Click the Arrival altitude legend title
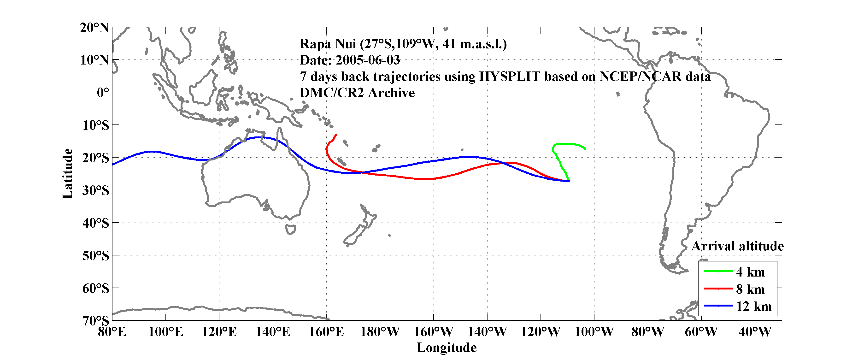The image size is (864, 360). (x=737, y=246)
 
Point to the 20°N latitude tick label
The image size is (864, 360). (x=94, y=28)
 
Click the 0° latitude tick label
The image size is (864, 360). (x=103, y=92)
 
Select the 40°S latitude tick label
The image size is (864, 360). (x=96, y=223)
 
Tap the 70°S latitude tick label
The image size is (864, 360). (x=96, y=321)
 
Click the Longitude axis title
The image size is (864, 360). (x=447, y=348)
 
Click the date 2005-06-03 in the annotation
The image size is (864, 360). (x=368, y=60)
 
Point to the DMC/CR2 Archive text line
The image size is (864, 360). (x=357, y=93)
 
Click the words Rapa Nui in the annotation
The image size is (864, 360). (x=328, y=44)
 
